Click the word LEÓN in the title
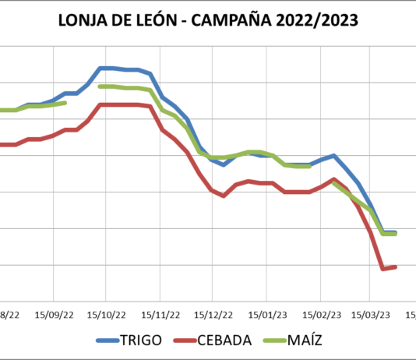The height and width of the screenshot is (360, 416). click(159, 20)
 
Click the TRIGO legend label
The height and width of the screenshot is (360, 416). click(142, 341)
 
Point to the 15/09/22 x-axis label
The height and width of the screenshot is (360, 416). click(54, 315)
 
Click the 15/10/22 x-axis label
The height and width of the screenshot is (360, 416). click(107, 315)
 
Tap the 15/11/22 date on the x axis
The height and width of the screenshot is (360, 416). click(160, 315)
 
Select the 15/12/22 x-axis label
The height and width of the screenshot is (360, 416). click(213, 315)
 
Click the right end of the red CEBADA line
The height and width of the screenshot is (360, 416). click(396, 267)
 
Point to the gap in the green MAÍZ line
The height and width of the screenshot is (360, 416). click(83, 94)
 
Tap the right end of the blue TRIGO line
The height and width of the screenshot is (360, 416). click(396, 232)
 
